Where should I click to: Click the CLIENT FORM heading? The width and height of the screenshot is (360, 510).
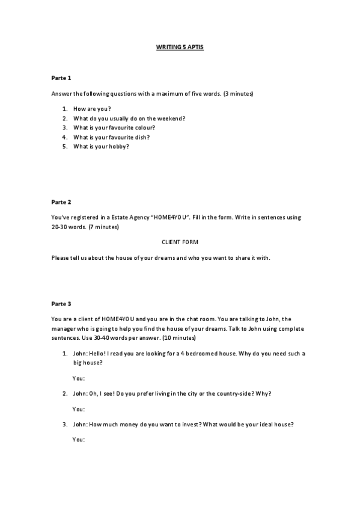(180, 242)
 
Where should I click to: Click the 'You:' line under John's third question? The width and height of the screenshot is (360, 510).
(78, 440)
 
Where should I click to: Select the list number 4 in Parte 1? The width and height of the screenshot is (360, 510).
(64, 137)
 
